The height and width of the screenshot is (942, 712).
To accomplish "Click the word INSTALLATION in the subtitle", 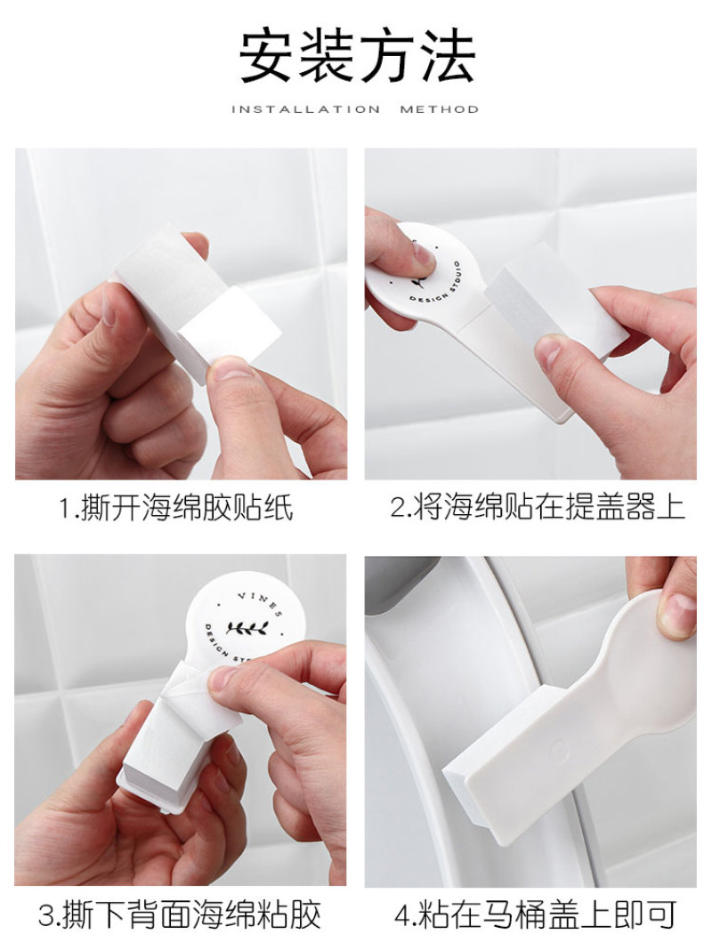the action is tap(306, 109).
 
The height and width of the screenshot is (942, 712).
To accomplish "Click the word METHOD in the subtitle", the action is tap(440, 109).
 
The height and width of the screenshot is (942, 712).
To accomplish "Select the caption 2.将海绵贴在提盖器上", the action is tap(538, 508).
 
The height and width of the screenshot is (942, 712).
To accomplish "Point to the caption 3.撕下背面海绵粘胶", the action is tap(179, 914).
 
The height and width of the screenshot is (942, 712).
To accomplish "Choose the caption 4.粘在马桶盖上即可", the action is tap(536, 914).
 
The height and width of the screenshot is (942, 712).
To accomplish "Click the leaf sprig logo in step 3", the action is tap(247, 628).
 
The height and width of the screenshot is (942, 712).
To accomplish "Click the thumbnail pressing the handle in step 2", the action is tap(423, 256).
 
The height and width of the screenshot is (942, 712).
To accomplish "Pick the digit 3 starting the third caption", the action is tap(47, 914).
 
